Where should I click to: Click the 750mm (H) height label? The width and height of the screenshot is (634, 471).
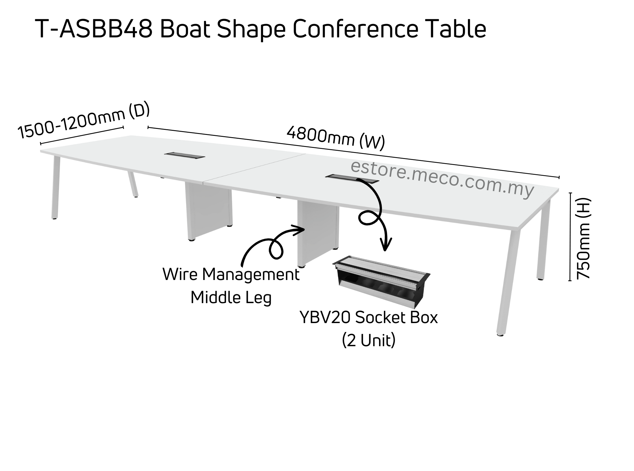click(x=584, y=238)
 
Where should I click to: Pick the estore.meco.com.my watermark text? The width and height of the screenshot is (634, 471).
click(x=442, y=179)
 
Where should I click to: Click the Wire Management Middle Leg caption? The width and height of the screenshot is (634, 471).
click(x=231, y=285)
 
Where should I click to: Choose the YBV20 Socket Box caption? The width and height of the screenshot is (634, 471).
click(x=369, y=318)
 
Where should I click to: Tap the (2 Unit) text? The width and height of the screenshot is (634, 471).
click(x=369, y=341)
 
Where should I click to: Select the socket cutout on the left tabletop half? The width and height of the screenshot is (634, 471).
click(x=184, y=155)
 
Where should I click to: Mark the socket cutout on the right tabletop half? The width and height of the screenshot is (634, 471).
click(x=352, y=179)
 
